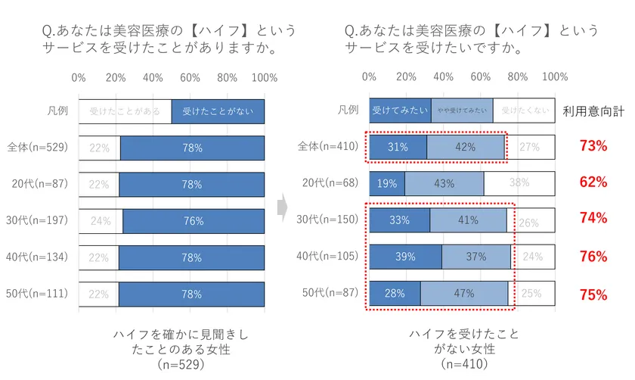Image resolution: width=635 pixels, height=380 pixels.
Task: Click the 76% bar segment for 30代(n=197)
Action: [x=194, y=221]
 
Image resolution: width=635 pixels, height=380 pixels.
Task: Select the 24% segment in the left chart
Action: [x=101, y=221]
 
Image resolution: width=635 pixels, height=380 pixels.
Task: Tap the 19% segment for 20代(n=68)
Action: [x=387, y=182]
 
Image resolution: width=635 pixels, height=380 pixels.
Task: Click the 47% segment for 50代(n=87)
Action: [x=463, y=294]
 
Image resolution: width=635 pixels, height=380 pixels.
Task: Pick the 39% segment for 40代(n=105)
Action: [x=405, y=257]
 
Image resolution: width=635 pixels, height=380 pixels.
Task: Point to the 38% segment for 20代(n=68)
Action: [x=519, y=182]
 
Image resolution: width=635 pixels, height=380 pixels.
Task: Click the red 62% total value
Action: [x=593, y=182]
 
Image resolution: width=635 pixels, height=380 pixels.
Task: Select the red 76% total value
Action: [x=593, y=257]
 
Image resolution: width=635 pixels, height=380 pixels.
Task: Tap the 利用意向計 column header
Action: [x=593, y=111]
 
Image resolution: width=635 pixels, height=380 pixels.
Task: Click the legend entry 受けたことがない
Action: [x=218, y=111]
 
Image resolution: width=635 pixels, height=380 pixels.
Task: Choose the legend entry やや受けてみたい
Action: [x=462, y=111]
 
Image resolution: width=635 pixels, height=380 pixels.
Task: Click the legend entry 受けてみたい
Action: [x=400, y=111]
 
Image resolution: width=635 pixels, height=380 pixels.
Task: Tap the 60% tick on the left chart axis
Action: [x=190, y=78]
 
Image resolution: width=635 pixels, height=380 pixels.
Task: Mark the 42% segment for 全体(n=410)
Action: [x=465, y=147]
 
